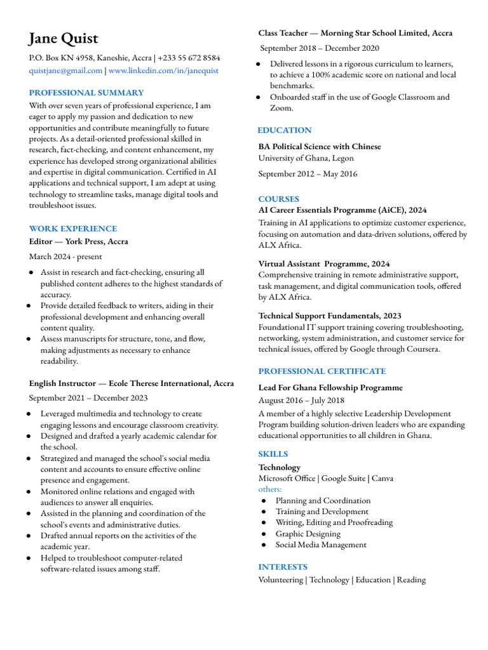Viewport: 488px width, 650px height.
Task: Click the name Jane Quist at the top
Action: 64,39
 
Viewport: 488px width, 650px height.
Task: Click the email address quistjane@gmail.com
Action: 65,70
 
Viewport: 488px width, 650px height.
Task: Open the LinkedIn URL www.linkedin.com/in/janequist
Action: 163,70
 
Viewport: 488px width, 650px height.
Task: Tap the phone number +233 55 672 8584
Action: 189,58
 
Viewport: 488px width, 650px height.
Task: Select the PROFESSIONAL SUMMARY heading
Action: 86,93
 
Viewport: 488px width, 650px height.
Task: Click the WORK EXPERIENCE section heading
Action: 73,229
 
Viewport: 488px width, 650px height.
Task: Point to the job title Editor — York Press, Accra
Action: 78,241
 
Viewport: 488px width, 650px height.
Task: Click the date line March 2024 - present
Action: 65,256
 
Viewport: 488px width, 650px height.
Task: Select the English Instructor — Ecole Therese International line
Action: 131,383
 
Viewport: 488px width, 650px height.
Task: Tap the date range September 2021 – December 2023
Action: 88,398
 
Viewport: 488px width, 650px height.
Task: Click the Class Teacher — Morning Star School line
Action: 355,33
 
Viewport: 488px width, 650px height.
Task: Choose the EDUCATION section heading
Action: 285,130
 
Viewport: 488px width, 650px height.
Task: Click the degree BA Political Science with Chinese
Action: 320,147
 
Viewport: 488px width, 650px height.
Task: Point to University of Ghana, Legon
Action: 306,158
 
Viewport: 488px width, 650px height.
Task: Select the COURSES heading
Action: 278,199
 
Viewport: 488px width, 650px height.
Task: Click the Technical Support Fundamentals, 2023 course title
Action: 330,315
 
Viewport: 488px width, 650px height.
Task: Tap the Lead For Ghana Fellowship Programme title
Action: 330,387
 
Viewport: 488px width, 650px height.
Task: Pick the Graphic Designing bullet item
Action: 308,534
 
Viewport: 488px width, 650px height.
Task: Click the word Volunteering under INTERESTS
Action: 281,580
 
